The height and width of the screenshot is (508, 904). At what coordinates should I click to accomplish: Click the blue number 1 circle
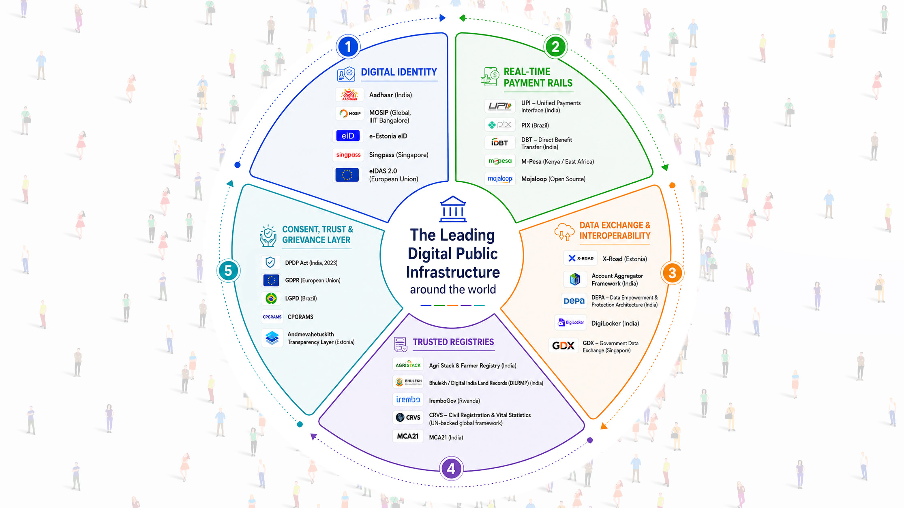tap(348, 47)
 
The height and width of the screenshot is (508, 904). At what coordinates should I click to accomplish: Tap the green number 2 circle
tap(555, 47)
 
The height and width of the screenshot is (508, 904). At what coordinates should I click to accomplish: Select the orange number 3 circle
tap(672, 273)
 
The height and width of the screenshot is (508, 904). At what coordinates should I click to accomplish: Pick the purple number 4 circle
tap(451, 469)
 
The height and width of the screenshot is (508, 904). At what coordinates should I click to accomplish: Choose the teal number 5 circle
tap(228, 271)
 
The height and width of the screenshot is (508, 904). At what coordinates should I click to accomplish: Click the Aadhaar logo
tap(349, 95)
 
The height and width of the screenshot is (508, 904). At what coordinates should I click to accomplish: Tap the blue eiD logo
tap(348, 136)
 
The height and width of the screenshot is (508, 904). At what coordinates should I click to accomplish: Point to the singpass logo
tap(348, 155)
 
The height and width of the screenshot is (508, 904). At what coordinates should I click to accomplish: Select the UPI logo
tap(500, 106)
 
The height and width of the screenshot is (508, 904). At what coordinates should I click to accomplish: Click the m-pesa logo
tap(500, 161)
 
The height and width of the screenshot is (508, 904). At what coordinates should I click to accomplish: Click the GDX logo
tap(563, 346)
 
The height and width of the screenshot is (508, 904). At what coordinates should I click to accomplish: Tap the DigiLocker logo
tap(571, 322)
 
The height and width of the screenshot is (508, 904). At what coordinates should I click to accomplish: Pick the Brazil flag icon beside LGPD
tap(271, 299)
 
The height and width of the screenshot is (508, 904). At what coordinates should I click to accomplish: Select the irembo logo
tap(408, 399)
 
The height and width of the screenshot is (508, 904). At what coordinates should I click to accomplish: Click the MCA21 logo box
tap(408, 436)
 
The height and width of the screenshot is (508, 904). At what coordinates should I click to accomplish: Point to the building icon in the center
tap(453, 209)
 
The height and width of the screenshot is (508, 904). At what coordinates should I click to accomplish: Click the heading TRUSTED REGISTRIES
tap(453, 342)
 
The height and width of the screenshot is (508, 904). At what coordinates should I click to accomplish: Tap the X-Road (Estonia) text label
tap(625, 259)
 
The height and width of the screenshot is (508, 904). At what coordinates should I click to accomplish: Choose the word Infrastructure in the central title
tap(453, 272)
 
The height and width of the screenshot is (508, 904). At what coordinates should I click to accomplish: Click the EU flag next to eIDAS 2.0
tap(347, 175)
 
